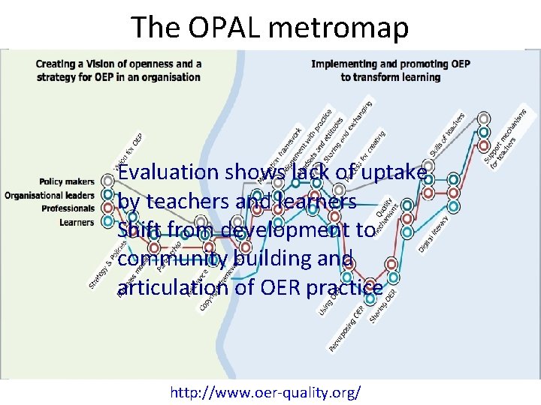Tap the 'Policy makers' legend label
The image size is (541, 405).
pos(68,181)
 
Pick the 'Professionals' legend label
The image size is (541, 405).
pos(68,208)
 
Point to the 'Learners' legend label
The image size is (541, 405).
pos(77,222)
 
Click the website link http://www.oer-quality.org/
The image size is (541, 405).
pos(265,392)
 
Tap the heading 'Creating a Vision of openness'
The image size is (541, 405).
pos(119,64)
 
